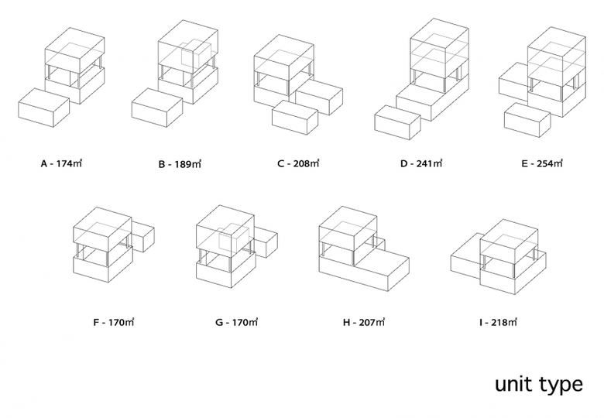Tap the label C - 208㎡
[x=298, y=163]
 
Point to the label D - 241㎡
[x=420, y=163]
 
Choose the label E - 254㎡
[x=541, y=163]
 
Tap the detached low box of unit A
[x=43, y=109]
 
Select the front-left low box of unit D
[x=396, y=124]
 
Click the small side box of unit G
[x=266, y=240]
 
